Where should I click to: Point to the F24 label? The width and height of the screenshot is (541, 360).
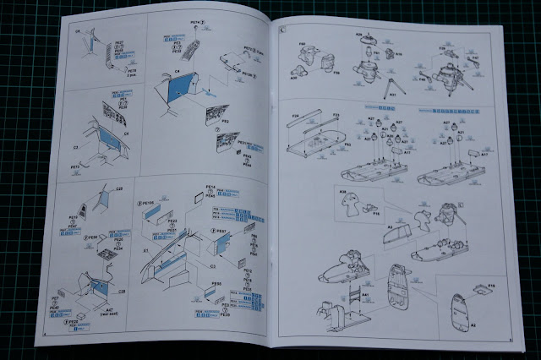[x=296, y=114]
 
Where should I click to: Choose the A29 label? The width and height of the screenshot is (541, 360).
[x=359, y=35]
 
